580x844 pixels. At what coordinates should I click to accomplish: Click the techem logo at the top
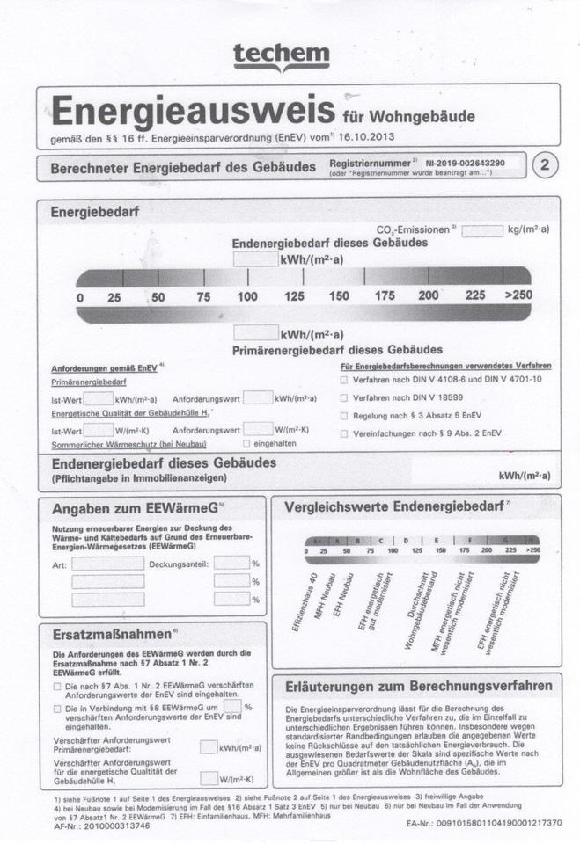(x=281, y=56)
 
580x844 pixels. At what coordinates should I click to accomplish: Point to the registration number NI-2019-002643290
(x=465, y=164)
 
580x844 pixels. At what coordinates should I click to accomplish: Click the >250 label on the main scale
(x=518, y=295)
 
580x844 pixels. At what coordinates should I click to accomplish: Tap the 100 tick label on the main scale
(x=247, y=296)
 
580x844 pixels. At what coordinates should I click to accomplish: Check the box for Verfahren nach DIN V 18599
(x=344, y=397)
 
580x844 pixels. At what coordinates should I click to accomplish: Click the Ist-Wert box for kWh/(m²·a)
(x=98, y=398)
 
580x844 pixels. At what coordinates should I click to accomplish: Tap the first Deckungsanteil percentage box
(x=231, y=563)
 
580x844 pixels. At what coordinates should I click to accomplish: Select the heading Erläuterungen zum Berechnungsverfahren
(x=417, y=685)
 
